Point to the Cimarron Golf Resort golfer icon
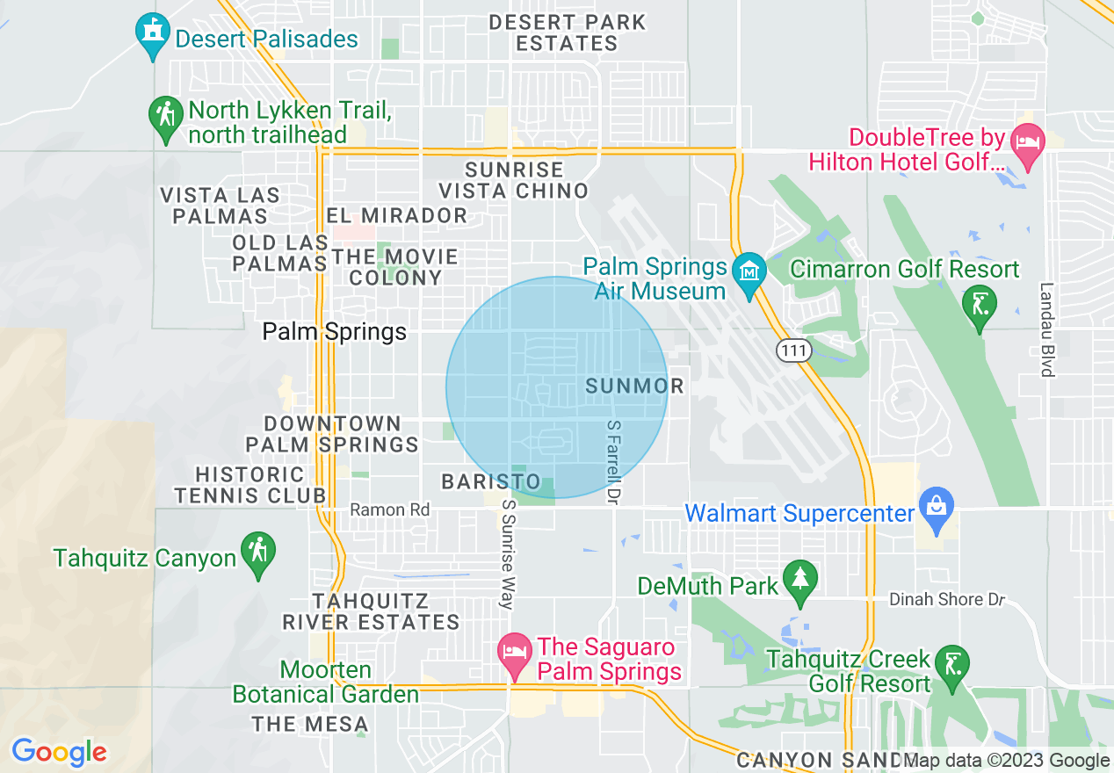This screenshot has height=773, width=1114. pos(980,305)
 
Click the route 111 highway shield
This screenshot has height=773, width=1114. pos(792,350)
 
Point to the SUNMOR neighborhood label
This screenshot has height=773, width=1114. pos(634,386)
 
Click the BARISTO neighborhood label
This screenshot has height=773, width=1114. pos(491,481)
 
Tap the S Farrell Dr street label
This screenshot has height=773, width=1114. pos(613,460)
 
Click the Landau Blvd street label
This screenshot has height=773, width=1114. pos(1045,329)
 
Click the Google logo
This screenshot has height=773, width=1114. pos(59,752)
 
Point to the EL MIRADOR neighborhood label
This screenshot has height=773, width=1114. pos(396,215)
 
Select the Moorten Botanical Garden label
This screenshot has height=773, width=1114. pos(326,682)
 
